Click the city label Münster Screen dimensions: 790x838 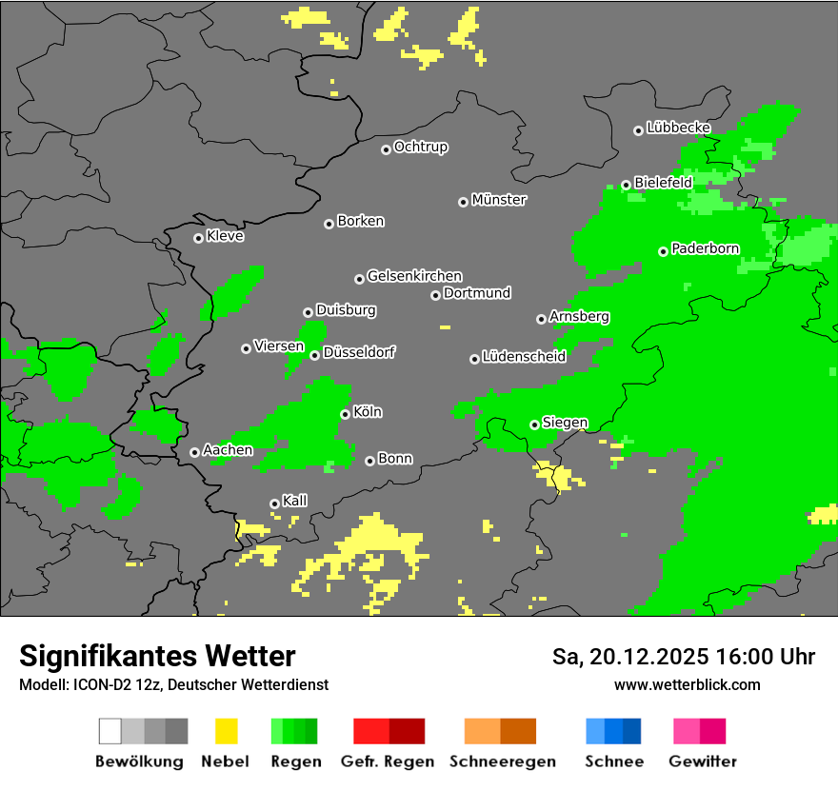pyautogui.click(x=499, y=200)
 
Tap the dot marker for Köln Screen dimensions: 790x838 pyautogui.click(x=346, y=414)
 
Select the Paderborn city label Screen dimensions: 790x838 pyautogui.click(x=705, y=249)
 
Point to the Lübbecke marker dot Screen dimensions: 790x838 pyautogui.click(x=638, y=130)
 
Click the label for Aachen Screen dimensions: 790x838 pyautogui.click(x=228, y=450)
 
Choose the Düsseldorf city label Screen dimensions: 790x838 pyautogui.click(x=359, y=353)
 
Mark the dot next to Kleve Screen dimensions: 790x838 pyautogui.click(x=198, y=238)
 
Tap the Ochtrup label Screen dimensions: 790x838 pyautogui.click(x=420, y=148)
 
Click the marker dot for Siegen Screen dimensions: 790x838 pyautogui.click(x=534, y=425)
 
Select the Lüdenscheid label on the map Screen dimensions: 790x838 pyautogui.click(x=524, y=357)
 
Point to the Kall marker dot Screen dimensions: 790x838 pyautogui.click(x=274, y=504)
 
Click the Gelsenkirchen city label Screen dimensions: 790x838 pyautogui.click(x=414, y=277)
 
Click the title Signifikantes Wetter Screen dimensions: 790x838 pyautogui.click(x=157, y=657)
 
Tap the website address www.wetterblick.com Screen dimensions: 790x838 pyautogui.click(x=687, y=684)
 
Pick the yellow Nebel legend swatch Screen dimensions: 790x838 pyautogui.click(x=226, y=731)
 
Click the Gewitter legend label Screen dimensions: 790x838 pyautogui.click(x=703, y=761)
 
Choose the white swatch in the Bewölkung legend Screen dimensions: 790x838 pyautogui.click(x=110, y=731)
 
